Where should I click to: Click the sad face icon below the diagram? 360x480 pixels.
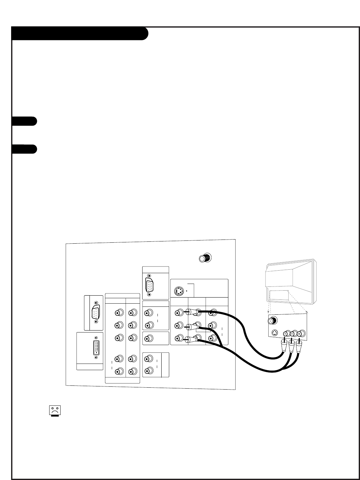(55, 410)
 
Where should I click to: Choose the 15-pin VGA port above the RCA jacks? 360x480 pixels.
(150, 285)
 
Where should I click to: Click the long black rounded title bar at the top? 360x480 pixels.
(80, 34)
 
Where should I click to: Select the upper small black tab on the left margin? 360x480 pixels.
(24, 121)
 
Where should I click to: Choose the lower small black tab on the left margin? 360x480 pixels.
(24, 149)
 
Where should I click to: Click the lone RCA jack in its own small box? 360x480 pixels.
(148, 339)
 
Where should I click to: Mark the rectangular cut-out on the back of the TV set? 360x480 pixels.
(279, 295)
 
